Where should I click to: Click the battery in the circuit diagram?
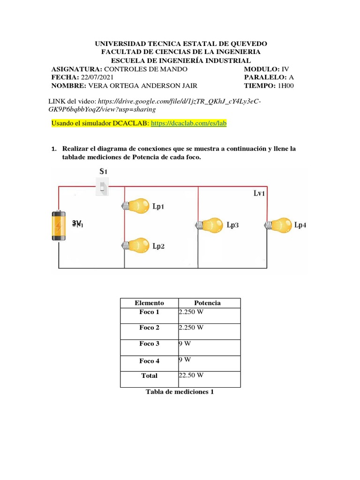58,225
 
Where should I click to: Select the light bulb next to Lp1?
137,205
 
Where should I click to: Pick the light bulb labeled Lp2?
137,245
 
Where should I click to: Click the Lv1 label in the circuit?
260,193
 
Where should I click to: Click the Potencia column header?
207,303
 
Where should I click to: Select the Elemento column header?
149,303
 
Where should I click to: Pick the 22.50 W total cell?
191,375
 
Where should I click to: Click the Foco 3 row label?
149,344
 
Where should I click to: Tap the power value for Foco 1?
191,312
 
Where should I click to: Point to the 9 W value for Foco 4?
185,360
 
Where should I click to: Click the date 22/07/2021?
97,77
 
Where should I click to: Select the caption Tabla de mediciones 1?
180,391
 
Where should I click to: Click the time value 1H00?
286,86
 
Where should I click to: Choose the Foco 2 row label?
149,328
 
